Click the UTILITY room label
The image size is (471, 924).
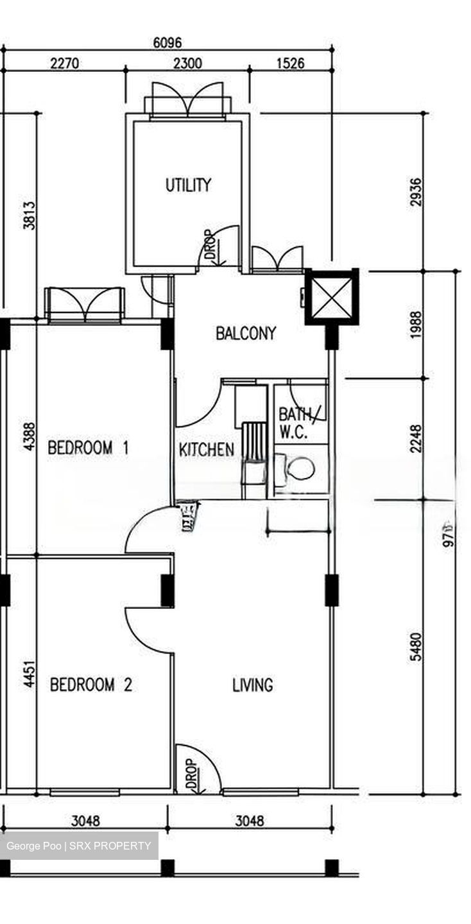pos(188,185)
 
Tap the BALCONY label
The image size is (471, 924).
pos(246,333)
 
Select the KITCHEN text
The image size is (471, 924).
pos(206,449)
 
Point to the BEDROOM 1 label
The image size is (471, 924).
pos(88,447)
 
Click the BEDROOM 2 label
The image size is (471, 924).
pos(90,685)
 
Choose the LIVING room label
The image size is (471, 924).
pos(252,685)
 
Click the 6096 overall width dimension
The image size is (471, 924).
pos(167,43)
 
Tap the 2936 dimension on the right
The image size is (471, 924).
pos(417,192)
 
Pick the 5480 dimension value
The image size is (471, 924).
pos(417,647)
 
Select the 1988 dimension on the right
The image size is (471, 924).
pos(417,325)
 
